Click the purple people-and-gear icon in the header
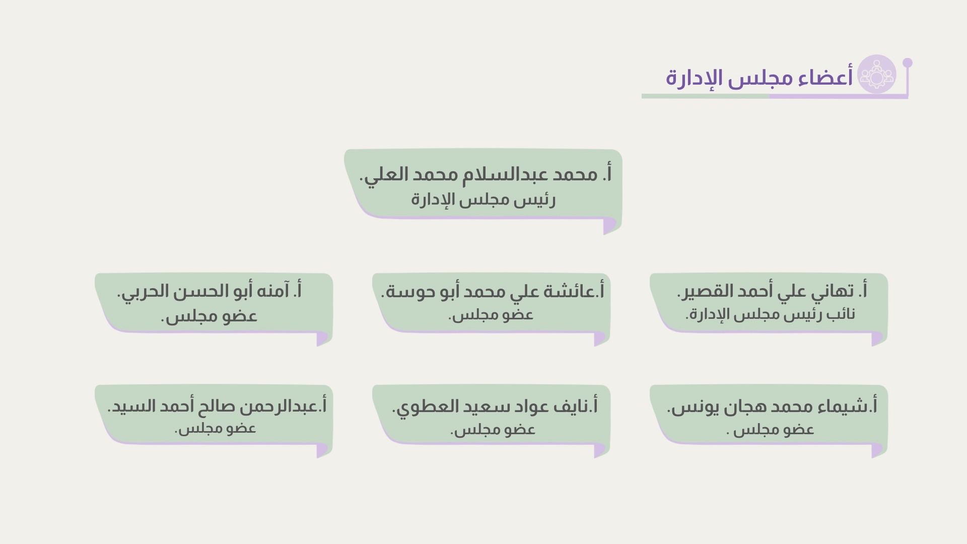(877, 74)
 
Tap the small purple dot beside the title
(908, 62)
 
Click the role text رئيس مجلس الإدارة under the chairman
(483, 200)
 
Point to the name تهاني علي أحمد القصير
(772, 291)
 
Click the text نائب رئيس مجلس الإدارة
(770, 314)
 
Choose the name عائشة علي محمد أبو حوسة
(493, 291)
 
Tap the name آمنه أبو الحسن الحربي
(209, 291)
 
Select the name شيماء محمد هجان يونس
(772, 406)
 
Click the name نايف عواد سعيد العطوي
(495, 406)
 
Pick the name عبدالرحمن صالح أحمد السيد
(217, 406)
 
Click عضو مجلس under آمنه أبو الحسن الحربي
(209, 316)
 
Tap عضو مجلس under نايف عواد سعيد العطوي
(493, 430)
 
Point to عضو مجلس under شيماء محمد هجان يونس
(771, 430)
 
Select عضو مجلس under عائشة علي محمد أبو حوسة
(491, 315)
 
